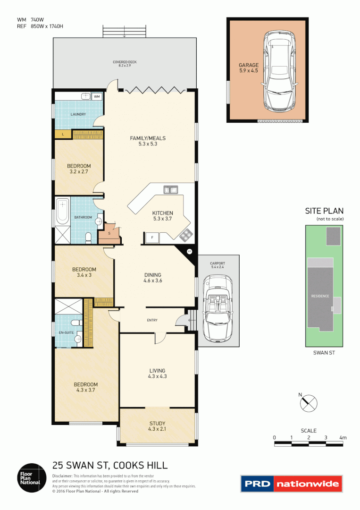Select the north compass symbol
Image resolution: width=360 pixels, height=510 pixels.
click(x=309, y=403)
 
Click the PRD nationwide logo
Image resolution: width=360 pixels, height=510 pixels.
click(x=291, y=484)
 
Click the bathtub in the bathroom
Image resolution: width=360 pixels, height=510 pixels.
click(x=62, y=212)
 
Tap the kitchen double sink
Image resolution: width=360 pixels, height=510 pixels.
click(x=170, y=190)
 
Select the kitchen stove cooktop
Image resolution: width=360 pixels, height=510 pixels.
click(x=186, y=233)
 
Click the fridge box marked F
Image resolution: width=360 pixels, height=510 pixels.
click(x=151, y=237)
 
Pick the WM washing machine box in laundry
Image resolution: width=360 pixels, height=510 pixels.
click(x=97, y=96)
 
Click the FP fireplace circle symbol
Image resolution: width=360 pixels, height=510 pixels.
click(x=189, y=251)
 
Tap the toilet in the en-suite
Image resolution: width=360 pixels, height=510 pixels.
click(x=75, y=323)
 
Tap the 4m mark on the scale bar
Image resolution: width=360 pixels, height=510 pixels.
click(x=343, y=438)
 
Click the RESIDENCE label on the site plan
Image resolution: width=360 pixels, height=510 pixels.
click(x=320, y=296)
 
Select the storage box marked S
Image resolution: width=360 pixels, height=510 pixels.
click(x=109, y=233)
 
